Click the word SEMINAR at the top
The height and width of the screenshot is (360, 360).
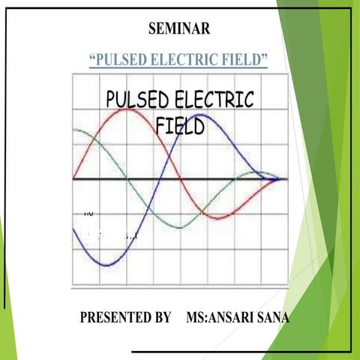(x=179, y=29)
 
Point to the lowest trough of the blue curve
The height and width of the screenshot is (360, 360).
(x=109, y=265)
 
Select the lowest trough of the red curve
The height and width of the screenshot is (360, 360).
(x=216, y=218)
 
